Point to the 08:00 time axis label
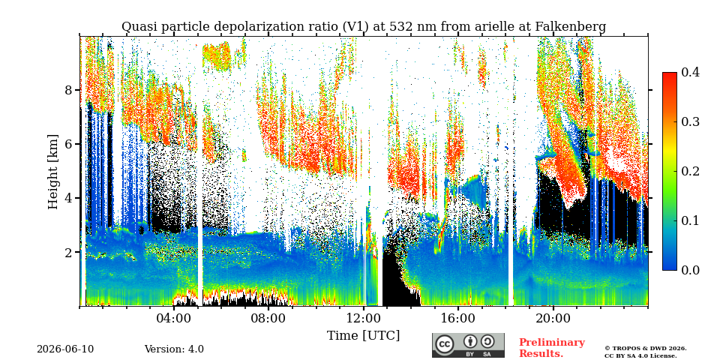[x=269, y=318]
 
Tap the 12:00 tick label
[x=364, y=318]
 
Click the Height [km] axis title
[x=54, y=172]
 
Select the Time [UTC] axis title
[x=363, y=336]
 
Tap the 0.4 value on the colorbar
[x=690, y=72]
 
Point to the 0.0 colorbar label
[x=690, y=270]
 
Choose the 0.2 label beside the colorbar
[x=690, y=171]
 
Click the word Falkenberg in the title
[x=570, y=27]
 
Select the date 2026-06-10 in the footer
[x=65, y=349]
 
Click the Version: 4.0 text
[x=174, y=349]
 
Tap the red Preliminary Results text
[x=552, y=348]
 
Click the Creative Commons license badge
[x=468, y=345]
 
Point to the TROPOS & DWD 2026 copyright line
[x=646, y=349]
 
